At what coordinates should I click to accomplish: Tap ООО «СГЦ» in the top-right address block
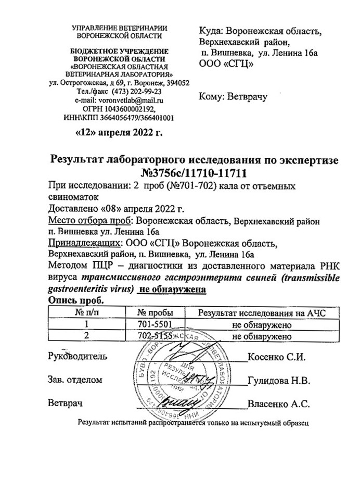226,64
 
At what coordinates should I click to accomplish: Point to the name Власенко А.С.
279,404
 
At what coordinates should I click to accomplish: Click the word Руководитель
78,357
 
